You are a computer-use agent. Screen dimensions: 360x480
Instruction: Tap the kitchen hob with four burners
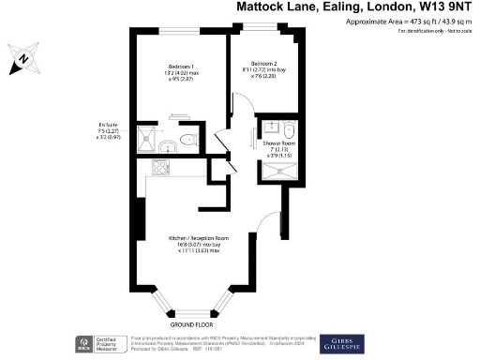[159, 170]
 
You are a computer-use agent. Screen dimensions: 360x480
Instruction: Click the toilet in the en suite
[187, 140]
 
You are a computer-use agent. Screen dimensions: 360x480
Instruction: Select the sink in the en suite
[167, 146]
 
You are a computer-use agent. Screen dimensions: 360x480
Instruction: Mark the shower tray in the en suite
[147, 140]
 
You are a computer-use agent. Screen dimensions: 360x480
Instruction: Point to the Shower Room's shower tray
[277, 170]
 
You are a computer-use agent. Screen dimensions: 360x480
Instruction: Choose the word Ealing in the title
[324, 7]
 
